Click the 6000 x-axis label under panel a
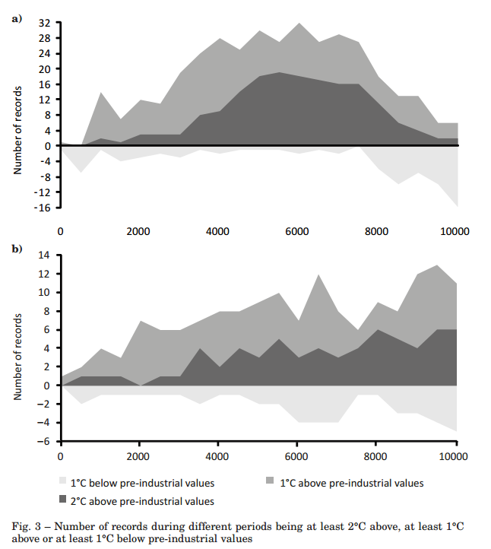tap(296, 231)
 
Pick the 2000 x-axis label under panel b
tap(139, 456)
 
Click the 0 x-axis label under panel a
tap(60, 231)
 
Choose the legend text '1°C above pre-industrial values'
tap(351, 483)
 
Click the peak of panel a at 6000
tap(297, 24)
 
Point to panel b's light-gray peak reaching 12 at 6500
tap(317, 275)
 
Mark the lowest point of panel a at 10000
tap(456, 206)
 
